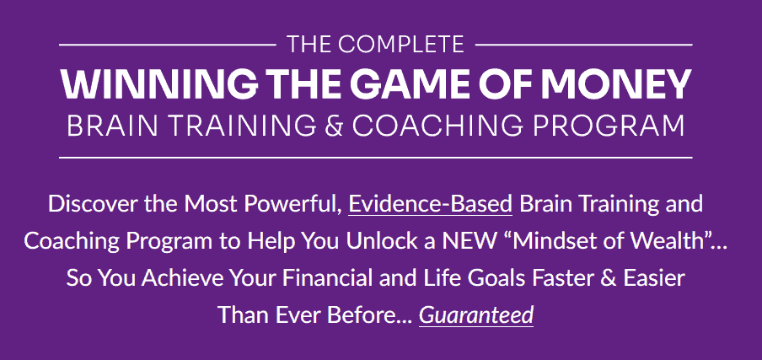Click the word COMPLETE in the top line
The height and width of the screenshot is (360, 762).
pos(401,45)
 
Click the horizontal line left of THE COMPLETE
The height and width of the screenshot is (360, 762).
pos(168,45)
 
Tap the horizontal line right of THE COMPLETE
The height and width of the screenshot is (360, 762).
pos(584,45)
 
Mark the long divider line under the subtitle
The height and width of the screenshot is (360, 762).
pos(376,158)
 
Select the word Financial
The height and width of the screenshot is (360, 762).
pos(331,278)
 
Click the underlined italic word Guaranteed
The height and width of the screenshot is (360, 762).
pos(476,315)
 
